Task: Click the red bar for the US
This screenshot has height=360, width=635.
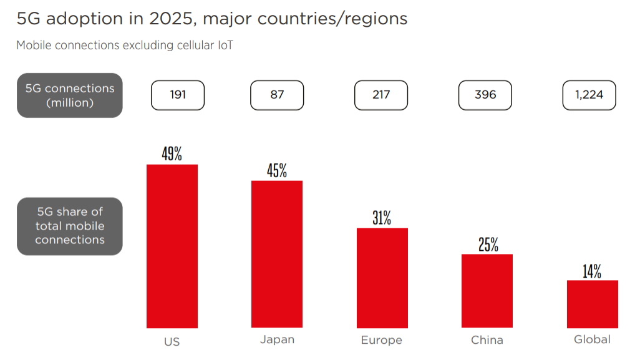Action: coord(172,246)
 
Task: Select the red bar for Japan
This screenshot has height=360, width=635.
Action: coord(277,254)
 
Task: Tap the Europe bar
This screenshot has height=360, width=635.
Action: coord(382,278)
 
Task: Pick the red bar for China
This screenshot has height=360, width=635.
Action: coord(487,291)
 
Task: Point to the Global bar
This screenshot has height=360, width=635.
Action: coord(592,304)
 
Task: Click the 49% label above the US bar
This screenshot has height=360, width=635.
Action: coord(172,153)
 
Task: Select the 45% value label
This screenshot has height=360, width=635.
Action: coord(277,170)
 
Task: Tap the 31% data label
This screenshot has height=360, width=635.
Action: coord(382,218)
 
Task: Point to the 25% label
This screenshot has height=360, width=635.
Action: coord(488,245)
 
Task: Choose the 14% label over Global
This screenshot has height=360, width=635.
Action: coord(592,271)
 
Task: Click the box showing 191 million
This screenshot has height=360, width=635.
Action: coord(178,95)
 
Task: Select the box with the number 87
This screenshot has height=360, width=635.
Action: coord(277,95)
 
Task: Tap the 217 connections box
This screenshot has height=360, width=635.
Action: coord(381,95)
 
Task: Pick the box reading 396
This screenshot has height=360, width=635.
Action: coord(485,95)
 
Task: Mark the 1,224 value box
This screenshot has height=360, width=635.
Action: coord(589,95)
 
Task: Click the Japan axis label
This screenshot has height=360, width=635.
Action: coord(277,340)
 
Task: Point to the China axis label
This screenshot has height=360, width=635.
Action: coord(487,340)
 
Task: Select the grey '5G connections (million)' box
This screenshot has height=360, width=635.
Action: coord(70,95)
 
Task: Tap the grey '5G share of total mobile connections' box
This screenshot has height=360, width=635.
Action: coord(70,226)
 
